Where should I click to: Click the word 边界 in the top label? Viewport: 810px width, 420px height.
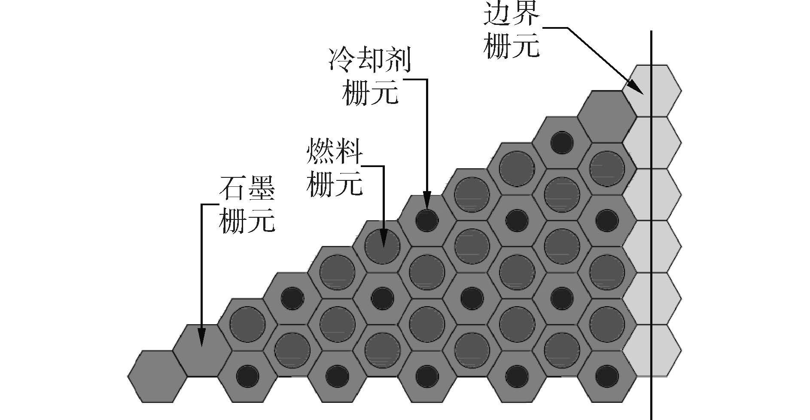[511, 16]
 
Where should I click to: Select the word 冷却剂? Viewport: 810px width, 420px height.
[370, 60]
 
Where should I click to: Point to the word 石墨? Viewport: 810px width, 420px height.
[247, 188]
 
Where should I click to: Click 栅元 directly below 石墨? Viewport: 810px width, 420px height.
[247, 222]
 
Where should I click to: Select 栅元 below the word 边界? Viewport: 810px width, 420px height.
[511, 46]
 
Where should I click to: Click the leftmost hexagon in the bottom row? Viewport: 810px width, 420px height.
[157, 377]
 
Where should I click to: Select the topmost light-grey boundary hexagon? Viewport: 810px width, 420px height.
[652, 91]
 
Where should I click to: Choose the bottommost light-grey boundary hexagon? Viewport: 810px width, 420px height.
[652, 350]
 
